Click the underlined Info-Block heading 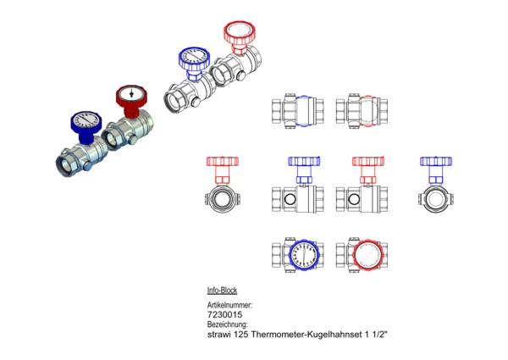tap(222, 290)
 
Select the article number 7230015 tap(224, 314)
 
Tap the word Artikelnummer tap(229, 305)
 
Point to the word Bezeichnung tap(228, 324)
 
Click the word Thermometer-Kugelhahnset tap(306, 334)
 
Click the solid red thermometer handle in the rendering tap(131, 100)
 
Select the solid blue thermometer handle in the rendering tap(86, 126)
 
